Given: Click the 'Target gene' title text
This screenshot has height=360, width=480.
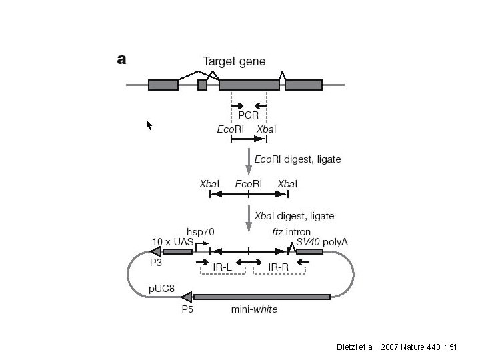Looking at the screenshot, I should click(x=234, y=61).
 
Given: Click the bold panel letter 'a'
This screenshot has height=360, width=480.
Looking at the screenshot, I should click(x=121, y=60).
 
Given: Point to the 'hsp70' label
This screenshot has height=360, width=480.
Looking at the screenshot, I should click(x=201, y=231).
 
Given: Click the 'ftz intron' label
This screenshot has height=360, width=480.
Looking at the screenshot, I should click(x=291, y=231).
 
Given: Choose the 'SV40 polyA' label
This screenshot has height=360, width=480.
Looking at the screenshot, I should click(x=322, y=241).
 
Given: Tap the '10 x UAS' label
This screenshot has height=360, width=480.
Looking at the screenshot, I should click(x=172, y=241).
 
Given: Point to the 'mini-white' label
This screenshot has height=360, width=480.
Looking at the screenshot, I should click(x=254, y=309).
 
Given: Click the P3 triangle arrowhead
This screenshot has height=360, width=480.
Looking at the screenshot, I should click(x=155, y=251).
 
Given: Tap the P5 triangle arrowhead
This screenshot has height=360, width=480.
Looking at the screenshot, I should click(x=187, y=297).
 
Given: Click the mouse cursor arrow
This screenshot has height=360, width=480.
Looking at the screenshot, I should click(x=149, y=125).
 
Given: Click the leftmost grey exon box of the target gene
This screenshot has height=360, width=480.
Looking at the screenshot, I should click(x=163, y=85).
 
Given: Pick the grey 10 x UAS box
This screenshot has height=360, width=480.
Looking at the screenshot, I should click(x=177, y=251).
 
